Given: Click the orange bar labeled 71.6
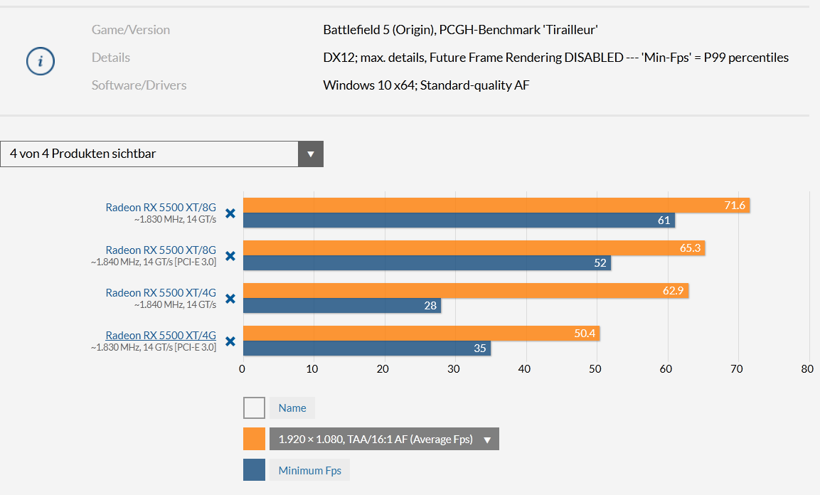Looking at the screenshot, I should [496, 206].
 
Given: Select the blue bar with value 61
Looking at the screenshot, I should [459, 220].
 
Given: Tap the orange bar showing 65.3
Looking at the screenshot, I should [474, 248].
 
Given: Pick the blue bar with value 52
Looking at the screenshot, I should [427, 263].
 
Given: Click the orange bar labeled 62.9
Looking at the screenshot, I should [465, 291].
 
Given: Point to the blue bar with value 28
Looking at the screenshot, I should [341, 306].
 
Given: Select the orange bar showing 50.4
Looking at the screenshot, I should [421, 334].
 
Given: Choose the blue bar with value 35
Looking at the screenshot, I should [366, 348].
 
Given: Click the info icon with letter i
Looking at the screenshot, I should [41, 62].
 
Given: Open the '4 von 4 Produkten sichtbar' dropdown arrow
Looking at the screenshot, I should [310, 154].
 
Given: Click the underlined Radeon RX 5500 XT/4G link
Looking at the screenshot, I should [161, 336].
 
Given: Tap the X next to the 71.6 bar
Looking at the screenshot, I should [230, 213].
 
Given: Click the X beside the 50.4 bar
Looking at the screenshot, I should [230, 341].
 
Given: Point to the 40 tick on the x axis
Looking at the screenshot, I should [525, 369].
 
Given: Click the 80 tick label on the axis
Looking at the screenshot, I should [806, 369].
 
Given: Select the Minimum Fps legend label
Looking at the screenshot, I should [309, 470].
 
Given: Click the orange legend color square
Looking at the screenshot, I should [254, 439].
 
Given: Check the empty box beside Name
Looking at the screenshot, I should [254, 408].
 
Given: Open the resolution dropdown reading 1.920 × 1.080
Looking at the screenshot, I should [384, 439].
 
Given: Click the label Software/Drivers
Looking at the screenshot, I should [139, 85].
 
